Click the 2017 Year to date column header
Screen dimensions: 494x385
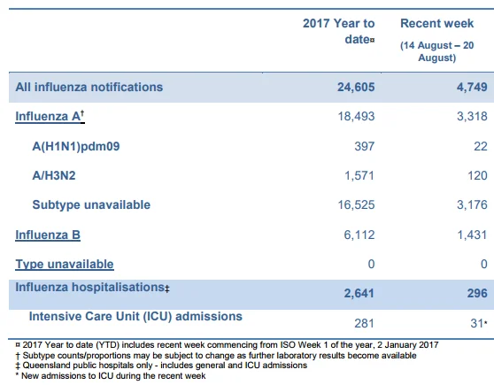339,31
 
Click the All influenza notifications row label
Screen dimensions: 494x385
89,87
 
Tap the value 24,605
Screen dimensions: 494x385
356,87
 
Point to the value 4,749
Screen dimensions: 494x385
472,87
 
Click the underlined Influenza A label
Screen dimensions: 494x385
50,116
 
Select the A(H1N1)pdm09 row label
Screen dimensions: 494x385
76,146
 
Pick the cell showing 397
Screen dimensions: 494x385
365,146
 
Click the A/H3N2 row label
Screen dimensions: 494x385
54,175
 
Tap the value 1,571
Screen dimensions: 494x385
359,175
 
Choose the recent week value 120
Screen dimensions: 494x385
477,175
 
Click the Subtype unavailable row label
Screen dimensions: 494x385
91,204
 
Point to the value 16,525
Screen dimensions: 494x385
356,204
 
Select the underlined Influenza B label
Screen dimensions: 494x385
48,235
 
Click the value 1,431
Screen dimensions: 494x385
472,235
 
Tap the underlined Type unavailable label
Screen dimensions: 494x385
65,265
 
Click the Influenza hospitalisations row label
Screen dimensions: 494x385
93,288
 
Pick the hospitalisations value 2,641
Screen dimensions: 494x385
359,293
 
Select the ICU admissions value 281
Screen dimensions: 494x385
364,323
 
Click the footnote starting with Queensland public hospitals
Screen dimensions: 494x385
161,366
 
